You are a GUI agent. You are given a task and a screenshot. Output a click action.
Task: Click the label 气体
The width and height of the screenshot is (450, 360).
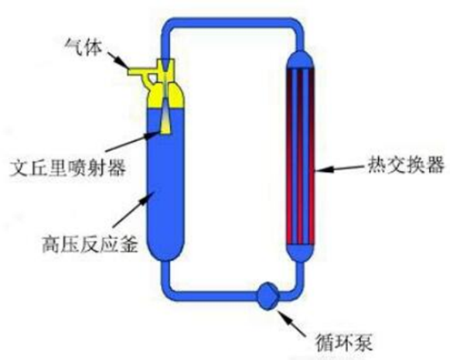pyautogui.click(x=84, y=47)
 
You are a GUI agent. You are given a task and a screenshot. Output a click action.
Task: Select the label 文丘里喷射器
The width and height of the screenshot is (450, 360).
pyautogui.click(x=68, y=168)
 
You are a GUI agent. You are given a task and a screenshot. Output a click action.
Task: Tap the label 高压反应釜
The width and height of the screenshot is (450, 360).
pyautogui.click(x=90, y=245)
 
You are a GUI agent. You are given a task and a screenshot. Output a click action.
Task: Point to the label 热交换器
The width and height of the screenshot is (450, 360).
pyautogui.click(x=406, y=165)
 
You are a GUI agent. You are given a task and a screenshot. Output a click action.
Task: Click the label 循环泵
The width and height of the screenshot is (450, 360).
pyautogui.click(x=343, y=342)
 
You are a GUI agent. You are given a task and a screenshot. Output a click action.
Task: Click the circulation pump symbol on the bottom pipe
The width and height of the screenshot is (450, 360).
pyautogui.click(x=268, y=296)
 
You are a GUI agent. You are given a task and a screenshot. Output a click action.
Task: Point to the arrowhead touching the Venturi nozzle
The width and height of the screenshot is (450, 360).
pyautogui.click(x=154, y=135)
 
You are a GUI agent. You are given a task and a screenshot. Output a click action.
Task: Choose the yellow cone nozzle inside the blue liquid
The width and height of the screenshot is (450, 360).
pyautogui.click(x=165, y=122)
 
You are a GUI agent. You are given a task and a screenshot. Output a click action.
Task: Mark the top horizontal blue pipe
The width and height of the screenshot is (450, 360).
pyautogui.click(x=233, y=23)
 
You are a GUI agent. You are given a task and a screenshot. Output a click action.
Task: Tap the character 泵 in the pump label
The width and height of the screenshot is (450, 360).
pyautogui.click(x=363, y=342)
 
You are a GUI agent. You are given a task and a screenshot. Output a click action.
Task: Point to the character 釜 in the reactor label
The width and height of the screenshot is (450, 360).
pyautogui.click(x=129, y=245)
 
